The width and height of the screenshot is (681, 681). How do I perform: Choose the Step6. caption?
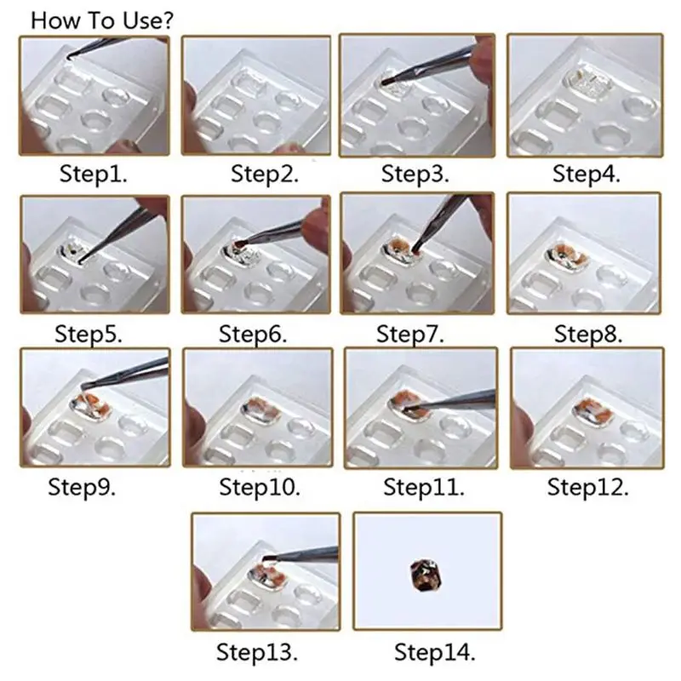(253, 333)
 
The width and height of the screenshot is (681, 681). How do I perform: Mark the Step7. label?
(410, 333)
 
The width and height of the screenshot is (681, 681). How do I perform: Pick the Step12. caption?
(588, 488)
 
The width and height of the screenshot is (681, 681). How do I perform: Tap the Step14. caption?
(433, 653)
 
